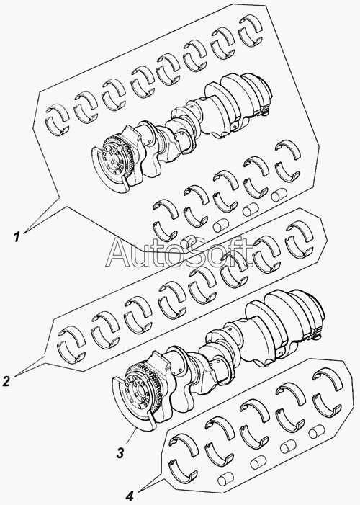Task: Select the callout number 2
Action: click(6, 381)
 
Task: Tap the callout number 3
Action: click(120, 453)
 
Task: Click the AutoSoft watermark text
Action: click(180, 253)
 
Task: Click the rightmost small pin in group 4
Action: click(317, 432)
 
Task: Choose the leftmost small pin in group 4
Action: click(226, 479)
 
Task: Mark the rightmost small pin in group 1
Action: click(279, 195)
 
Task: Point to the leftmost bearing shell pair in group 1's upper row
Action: click(58, 120)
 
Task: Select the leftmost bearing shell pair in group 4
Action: click(183, 457)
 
